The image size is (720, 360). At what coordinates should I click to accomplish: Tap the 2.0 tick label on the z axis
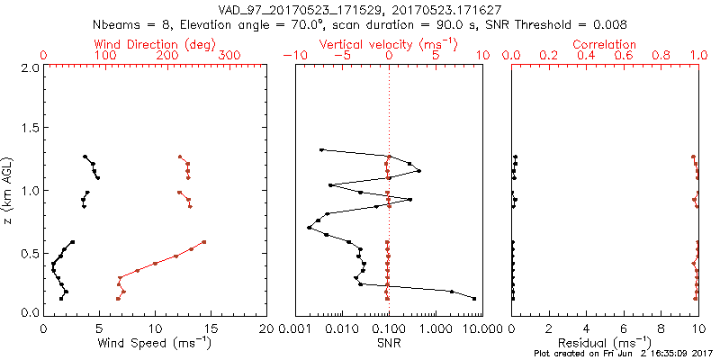30,67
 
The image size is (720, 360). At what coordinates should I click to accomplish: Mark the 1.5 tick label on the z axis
30,129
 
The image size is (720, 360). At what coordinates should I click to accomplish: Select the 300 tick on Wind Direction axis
229,56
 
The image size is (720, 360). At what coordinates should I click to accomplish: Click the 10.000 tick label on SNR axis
475,329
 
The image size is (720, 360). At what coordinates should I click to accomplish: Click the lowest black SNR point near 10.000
474,299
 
